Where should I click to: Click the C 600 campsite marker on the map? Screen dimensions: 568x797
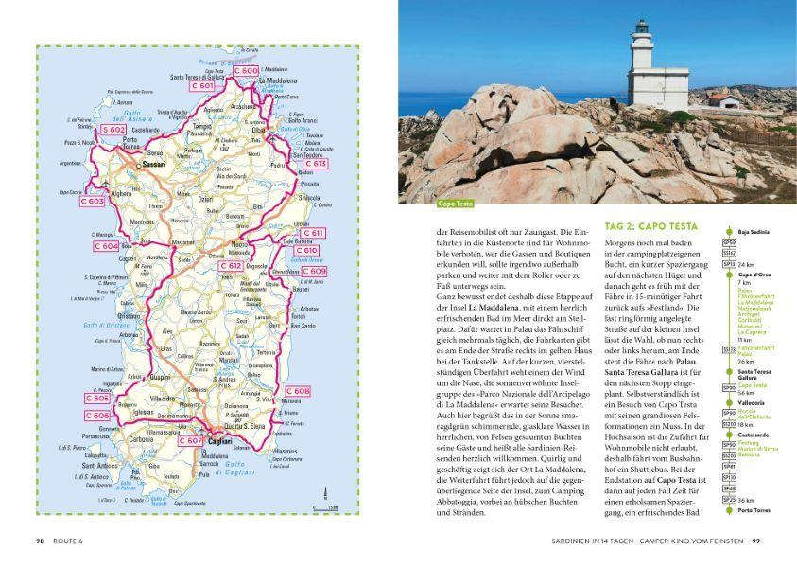[x=245, y=71]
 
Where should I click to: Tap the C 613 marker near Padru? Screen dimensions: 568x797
[x=316, y=164]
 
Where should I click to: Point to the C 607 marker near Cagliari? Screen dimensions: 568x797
[x=190, y=440]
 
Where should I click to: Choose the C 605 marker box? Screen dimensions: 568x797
[x=96, y=399]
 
